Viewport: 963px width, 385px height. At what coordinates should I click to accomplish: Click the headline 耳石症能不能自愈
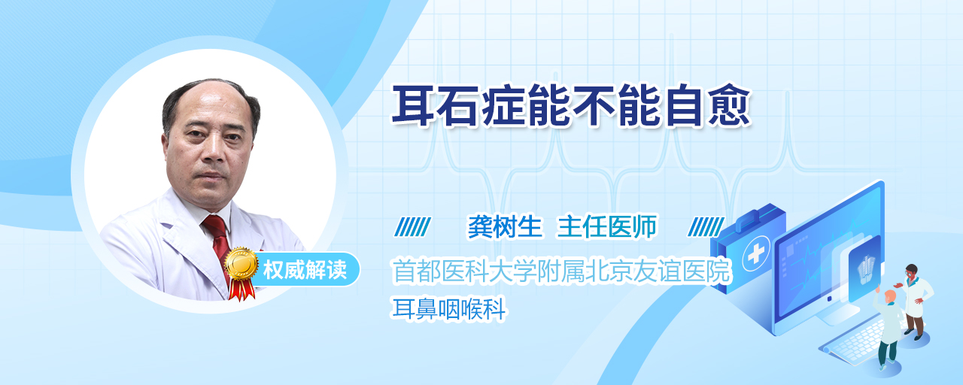tap(571, 106)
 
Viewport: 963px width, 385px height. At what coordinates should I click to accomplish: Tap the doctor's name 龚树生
tap(505, 226)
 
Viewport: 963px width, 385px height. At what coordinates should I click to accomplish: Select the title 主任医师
tap(607, 226)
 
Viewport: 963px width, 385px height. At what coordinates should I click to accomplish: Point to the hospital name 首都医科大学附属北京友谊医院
tap(561, 271)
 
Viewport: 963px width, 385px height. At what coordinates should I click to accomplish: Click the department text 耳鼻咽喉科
tap(449, 308)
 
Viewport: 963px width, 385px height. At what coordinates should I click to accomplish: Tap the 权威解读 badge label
tap(305, 270)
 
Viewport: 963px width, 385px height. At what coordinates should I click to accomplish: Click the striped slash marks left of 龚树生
tap(412, 227)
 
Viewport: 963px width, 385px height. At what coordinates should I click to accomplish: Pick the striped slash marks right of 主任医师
tap(706, 227)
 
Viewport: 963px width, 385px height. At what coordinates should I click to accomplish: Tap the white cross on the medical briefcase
tap(755, 254)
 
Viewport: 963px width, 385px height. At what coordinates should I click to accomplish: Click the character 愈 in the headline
tap(729, 106)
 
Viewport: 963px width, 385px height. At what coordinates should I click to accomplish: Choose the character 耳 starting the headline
tap(413, 106)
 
